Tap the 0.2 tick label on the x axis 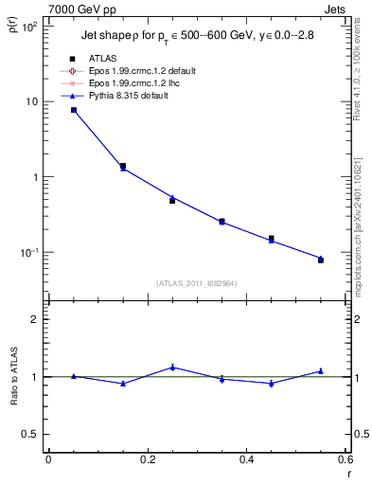pos(147,460)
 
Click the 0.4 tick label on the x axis pos(246,460)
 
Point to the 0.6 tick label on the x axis pos(345,460)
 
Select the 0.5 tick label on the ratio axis pos(33,434)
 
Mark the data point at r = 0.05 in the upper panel pos(74,110)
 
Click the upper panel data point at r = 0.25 pos(172,199)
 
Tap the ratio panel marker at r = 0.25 pos(172,368)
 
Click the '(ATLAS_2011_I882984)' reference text pos(197,282)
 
